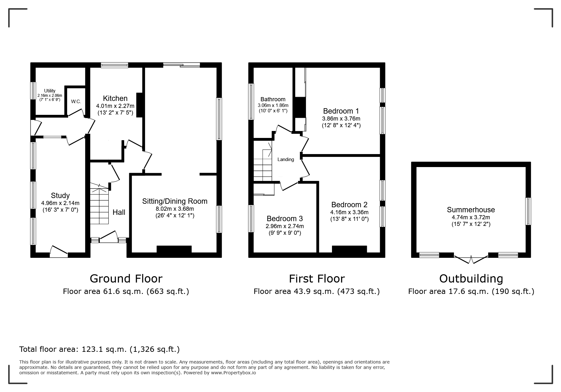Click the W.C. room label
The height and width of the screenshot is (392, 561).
pyautogui.click(x=76, y=102)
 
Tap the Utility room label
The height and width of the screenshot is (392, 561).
pyautogui.click(x=50, y=91)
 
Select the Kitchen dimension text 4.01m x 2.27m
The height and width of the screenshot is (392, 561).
pyautogui.click(x=115, y=106)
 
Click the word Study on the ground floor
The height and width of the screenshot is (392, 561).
pyautogui.click(x=60, y=196)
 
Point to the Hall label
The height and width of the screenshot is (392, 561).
pyautogui.click(x=119, y=212)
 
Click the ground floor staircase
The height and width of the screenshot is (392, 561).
pyautogui.click(x=99, y=206)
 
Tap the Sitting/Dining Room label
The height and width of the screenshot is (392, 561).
pyautogui.click(x=175, y=201)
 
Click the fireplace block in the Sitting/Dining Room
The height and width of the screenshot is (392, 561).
pyautogui.click(x=174, y=249)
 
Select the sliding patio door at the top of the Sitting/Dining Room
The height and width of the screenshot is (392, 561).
pyautogui.click(x=182, y=65)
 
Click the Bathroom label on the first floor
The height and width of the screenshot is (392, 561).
pyautogui.click(x=273, y=99)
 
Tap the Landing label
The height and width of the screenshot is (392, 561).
pyautogui.click(x=286, y=159)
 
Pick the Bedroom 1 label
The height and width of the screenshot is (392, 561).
pyautogui.click(x=341, y=111)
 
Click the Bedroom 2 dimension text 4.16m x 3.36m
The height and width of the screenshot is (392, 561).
pyautogui.click(x=349, y=212)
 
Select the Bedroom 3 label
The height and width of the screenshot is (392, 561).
pyautogui.click(x=284, y=219)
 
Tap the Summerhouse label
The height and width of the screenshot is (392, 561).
pyautogui.click(x=471, y=210)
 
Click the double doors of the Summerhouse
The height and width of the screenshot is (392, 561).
pyautogui.click(x=471, y=259)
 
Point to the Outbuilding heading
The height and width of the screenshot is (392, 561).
pyautogui.click(x=471, y=278)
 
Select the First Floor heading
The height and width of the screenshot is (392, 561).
pyautogui.click(x=316, y=278)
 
